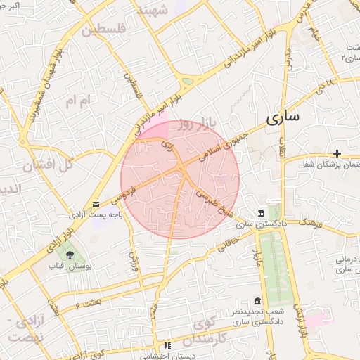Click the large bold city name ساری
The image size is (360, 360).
(x=284, y=116)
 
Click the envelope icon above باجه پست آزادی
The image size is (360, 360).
(x=96, y=205)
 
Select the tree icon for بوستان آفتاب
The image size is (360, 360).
(x=69, y=254)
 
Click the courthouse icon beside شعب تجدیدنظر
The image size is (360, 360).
(x=258, y=301)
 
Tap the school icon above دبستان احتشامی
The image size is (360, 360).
(x=167, y=345)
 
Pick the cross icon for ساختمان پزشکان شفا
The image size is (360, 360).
(x=338, y=153)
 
